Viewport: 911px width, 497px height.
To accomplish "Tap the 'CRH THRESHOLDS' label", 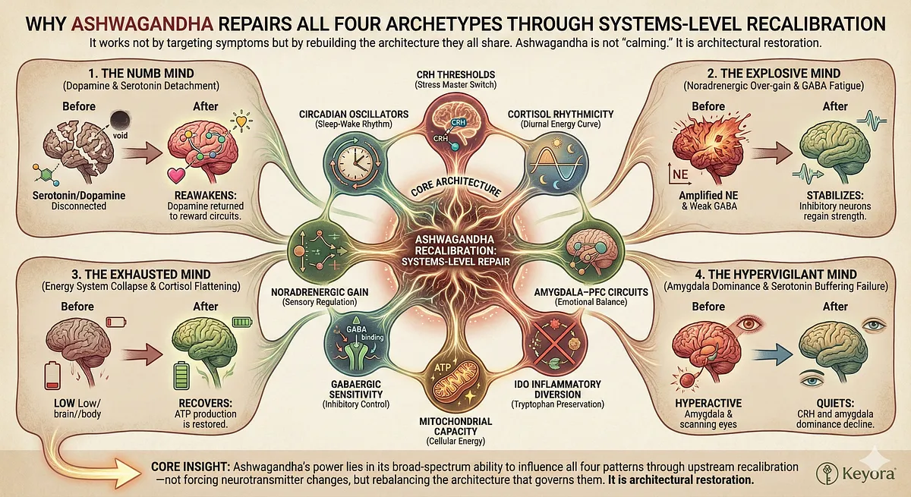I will (455, 73).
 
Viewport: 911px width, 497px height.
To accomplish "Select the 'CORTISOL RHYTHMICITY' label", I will (560, 113).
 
